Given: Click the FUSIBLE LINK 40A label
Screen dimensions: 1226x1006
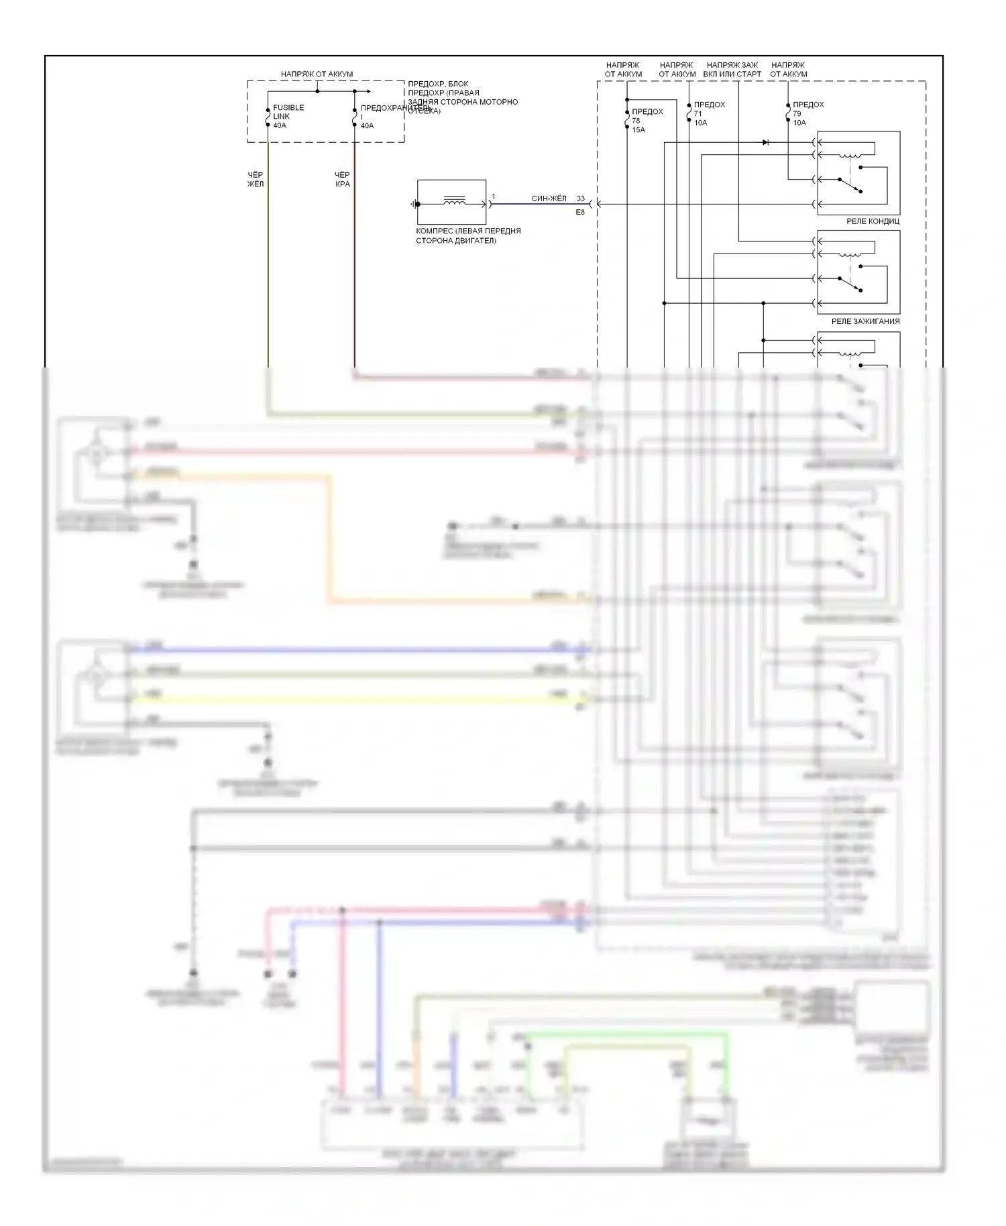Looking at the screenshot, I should (288, 116).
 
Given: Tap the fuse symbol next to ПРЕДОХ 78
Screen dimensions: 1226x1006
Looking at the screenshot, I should (627, 120).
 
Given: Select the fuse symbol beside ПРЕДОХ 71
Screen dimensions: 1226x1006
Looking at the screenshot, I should (689, 113).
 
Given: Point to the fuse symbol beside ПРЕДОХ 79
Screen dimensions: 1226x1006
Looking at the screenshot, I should (788, 113).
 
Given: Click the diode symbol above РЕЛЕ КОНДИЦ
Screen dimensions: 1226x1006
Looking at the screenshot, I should (765, 142).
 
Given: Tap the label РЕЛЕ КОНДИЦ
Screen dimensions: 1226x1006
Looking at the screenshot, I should (873, 221).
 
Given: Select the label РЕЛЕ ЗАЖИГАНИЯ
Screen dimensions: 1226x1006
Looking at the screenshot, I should (865, 321).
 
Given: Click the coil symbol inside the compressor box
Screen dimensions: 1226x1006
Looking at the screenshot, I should (454, 200).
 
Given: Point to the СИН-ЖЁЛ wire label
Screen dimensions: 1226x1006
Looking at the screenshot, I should (549, 199).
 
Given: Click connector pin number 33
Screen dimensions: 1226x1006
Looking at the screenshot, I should (580, 199).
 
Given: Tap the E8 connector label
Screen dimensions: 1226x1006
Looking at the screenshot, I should (580, 213).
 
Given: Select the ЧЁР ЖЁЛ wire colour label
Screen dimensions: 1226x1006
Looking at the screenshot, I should (256, 179).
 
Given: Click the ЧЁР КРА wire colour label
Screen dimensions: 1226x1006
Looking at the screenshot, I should (342, 179).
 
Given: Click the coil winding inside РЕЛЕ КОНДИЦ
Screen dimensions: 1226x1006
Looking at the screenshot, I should (851, 156).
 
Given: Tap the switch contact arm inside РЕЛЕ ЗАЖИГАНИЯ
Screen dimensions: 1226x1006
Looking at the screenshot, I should (850, 284).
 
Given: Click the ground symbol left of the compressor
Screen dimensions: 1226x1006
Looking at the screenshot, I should (414, 204).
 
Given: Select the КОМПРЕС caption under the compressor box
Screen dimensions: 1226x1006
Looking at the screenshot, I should (468, 235).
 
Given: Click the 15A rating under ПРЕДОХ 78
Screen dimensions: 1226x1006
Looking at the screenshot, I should (638, 129).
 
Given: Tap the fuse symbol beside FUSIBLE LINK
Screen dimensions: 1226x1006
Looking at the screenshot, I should (268, 117).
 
